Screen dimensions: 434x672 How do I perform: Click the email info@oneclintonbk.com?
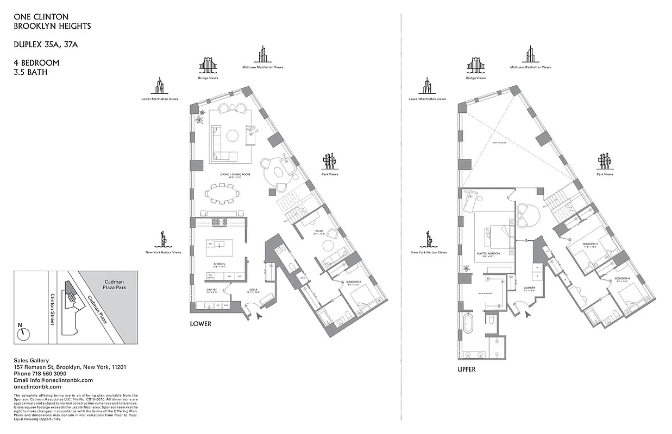[x=53, y=380]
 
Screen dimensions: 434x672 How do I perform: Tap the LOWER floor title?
[x=200, y=324]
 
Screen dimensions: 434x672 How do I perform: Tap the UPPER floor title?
[x=466, y=369]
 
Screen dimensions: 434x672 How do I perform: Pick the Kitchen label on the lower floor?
[x=219, y=264]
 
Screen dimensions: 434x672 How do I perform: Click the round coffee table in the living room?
[x=233, y=135]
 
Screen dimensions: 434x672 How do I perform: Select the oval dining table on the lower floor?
[x=222, y=193]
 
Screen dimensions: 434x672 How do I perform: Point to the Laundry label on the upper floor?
[x=530, y=288]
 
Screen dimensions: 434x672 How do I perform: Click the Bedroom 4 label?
[x=621, y=278]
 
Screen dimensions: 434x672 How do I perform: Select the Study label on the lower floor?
[x=319, y=232]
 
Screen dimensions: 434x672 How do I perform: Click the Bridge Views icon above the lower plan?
[x=208, y=66]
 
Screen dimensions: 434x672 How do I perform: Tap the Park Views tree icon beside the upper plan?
[x=604, y=161]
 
